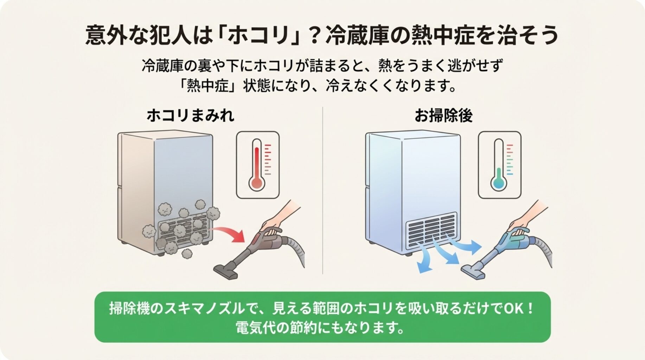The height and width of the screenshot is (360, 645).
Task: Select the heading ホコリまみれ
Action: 190,116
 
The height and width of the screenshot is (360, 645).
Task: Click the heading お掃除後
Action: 443,116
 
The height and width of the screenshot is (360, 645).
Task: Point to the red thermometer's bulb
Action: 257,183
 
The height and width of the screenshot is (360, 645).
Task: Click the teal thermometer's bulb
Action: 499,183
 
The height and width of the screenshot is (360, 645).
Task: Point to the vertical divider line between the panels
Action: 322,190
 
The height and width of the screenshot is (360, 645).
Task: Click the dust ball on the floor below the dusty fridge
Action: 186,253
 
